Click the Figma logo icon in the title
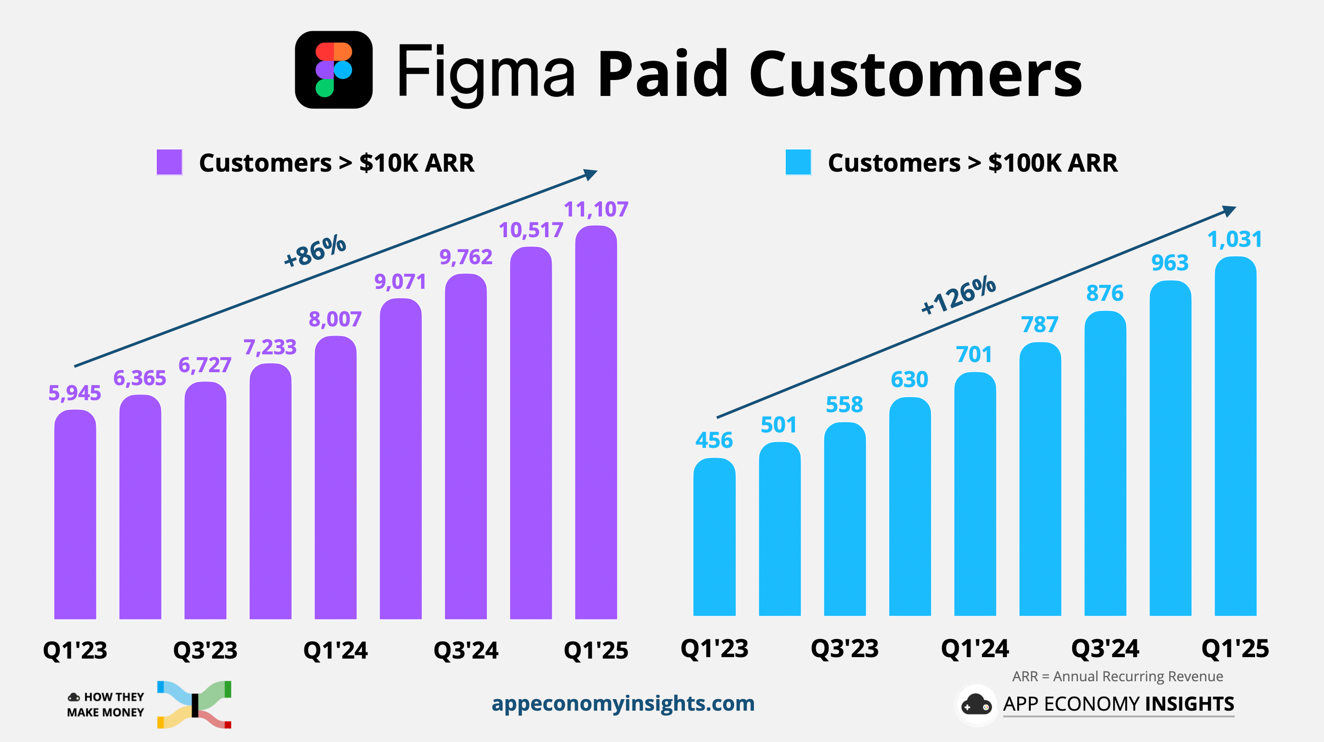334,70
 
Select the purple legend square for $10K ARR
169,162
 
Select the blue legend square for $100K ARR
798,162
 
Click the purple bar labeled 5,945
75,514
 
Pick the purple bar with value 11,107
596,421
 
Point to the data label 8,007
335,319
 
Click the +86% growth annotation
315,250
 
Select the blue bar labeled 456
714,537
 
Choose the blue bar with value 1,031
1235,437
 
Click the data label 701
974,354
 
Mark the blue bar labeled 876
1105,462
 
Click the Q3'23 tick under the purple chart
205,650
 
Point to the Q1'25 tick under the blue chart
1235,648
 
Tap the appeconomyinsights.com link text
623,703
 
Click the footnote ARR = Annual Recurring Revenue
1118,676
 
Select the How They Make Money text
106,704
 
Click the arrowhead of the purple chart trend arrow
591,174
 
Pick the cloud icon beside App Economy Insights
976,704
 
